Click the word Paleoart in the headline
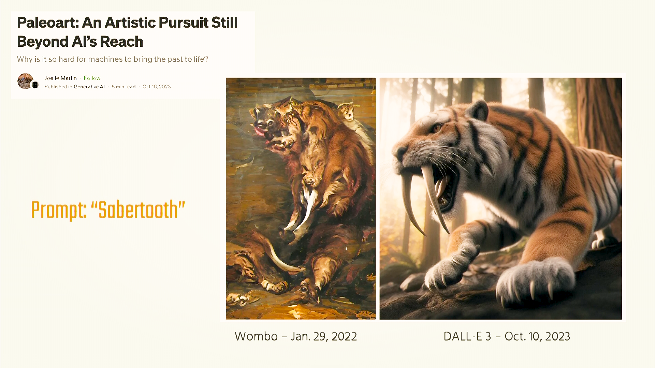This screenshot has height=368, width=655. [47, 23]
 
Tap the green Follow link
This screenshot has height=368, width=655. [92, 78]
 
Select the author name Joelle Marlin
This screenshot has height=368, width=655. [60, 78]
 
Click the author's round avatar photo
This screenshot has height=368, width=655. [26, 81]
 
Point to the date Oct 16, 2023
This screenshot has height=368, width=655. [157, 87]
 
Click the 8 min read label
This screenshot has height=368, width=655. [123, 87]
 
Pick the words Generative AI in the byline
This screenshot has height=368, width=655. [89, 87]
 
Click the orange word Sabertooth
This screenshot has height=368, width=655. [138, 210]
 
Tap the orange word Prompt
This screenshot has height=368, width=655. [58, 211]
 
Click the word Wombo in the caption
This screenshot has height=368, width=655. [256, 336]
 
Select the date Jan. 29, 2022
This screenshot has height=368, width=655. [324, 337]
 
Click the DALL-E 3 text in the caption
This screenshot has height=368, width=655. [467, 336]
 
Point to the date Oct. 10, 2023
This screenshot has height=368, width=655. [537, 337]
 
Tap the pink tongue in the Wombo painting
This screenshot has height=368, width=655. [260, 132]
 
